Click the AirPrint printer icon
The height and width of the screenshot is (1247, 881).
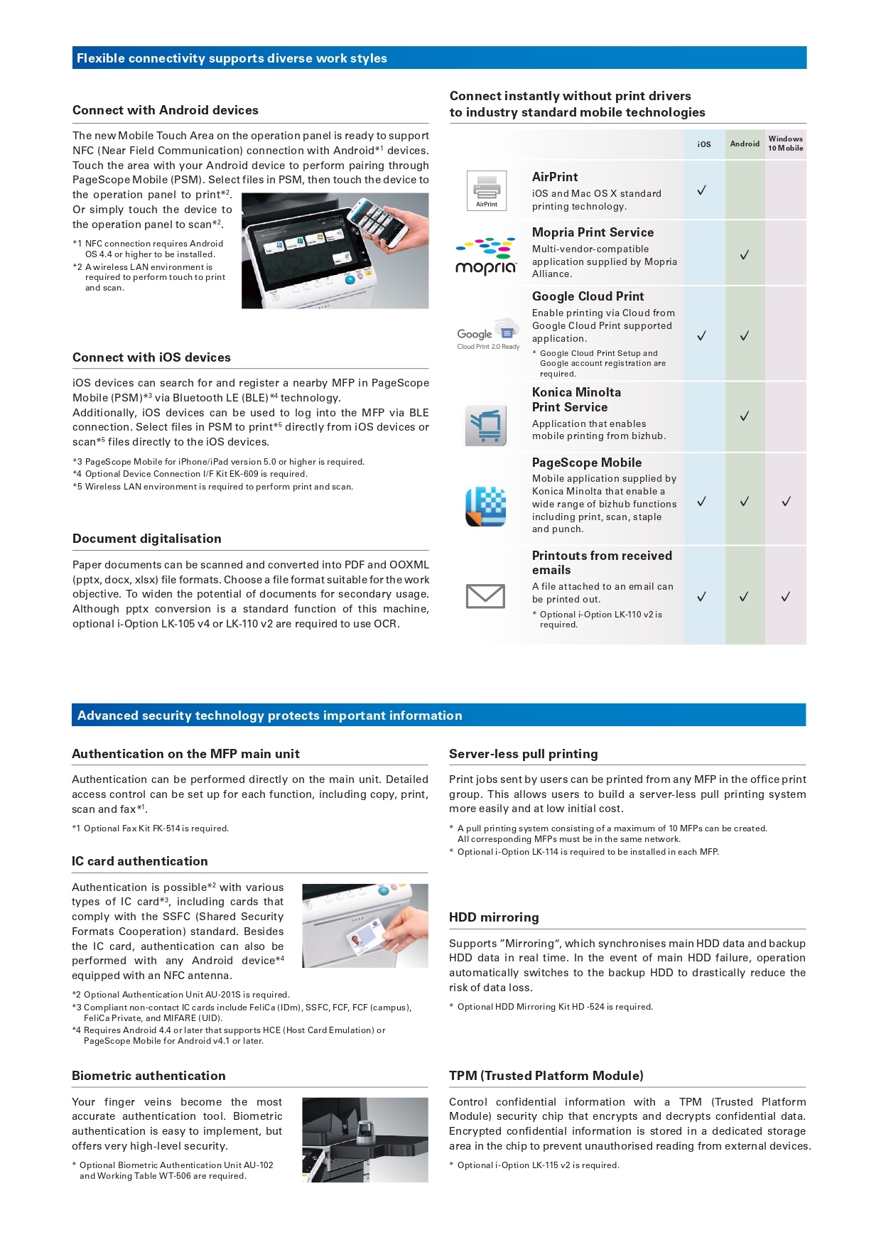tap(487, 190)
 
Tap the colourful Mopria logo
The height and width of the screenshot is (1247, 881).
tap(487, 256)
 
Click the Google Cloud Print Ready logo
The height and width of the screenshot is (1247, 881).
tap(488, 334)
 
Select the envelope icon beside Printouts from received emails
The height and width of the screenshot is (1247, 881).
tap(485, 596)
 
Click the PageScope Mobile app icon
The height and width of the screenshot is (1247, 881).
tap(485, 506)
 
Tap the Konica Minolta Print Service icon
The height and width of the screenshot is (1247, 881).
tap(486, 425)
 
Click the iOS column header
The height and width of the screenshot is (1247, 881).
tap(704, 144)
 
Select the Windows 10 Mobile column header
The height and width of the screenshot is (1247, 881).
tap(785, 144)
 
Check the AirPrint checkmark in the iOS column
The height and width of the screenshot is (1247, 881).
tap(701, 190)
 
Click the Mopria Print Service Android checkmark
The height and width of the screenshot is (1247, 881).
tap(745, 254)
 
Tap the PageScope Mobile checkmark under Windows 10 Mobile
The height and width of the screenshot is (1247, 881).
tap(787, 502)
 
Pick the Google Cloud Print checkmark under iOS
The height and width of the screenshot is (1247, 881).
tap(701, 336)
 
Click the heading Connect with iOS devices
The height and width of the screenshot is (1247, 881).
tap(151, 357)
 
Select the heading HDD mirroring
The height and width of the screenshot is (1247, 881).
tap(494, 917)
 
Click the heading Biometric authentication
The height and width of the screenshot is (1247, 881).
tap(148, 1076)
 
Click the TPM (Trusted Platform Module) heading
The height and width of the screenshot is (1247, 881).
tap(546, 1076)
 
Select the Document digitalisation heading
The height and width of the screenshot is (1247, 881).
tap(146, 539)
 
